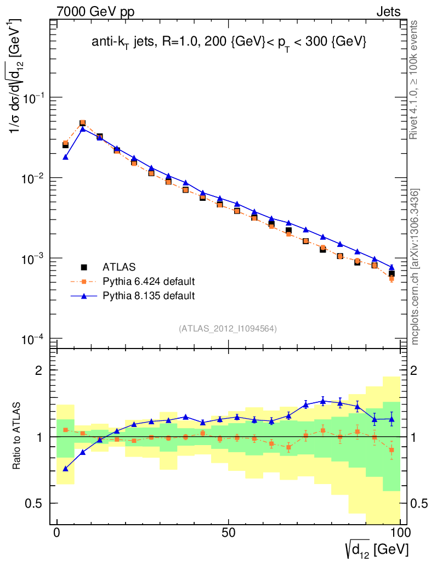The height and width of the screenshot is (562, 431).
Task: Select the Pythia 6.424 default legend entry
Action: pyautogui.click(x=149, y=282)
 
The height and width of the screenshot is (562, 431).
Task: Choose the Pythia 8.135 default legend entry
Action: pyautogui.click(x=149, y=296)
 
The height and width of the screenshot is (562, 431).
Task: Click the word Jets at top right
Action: pyautogui.click(x=388, y=12)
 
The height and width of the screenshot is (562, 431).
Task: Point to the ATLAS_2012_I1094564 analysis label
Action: pyautogui.click(x=228, y=329)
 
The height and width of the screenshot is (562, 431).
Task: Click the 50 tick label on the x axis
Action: pyautogui.click(x=229, y=533)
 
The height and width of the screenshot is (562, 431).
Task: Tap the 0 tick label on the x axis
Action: pyautogui.click(x=57, y=533)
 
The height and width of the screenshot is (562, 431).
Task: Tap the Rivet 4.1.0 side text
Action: pyautogui.click(x=416, y=80)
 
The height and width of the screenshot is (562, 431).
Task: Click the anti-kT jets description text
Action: pyautogui.click(x=229, y=42)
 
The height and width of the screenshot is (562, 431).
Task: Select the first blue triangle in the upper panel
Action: pyautogui.click(x=65, y=157)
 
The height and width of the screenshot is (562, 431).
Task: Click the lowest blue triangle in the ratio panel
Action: pyautogui.click(x=65, y=469)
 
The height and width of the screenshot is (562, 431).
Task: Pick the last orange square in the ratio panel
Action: pyautogui.click(x=392, y=450)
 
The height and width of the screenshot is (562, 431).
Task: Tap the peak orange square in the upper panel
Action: pyautogui.click(x=83, y=123)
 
